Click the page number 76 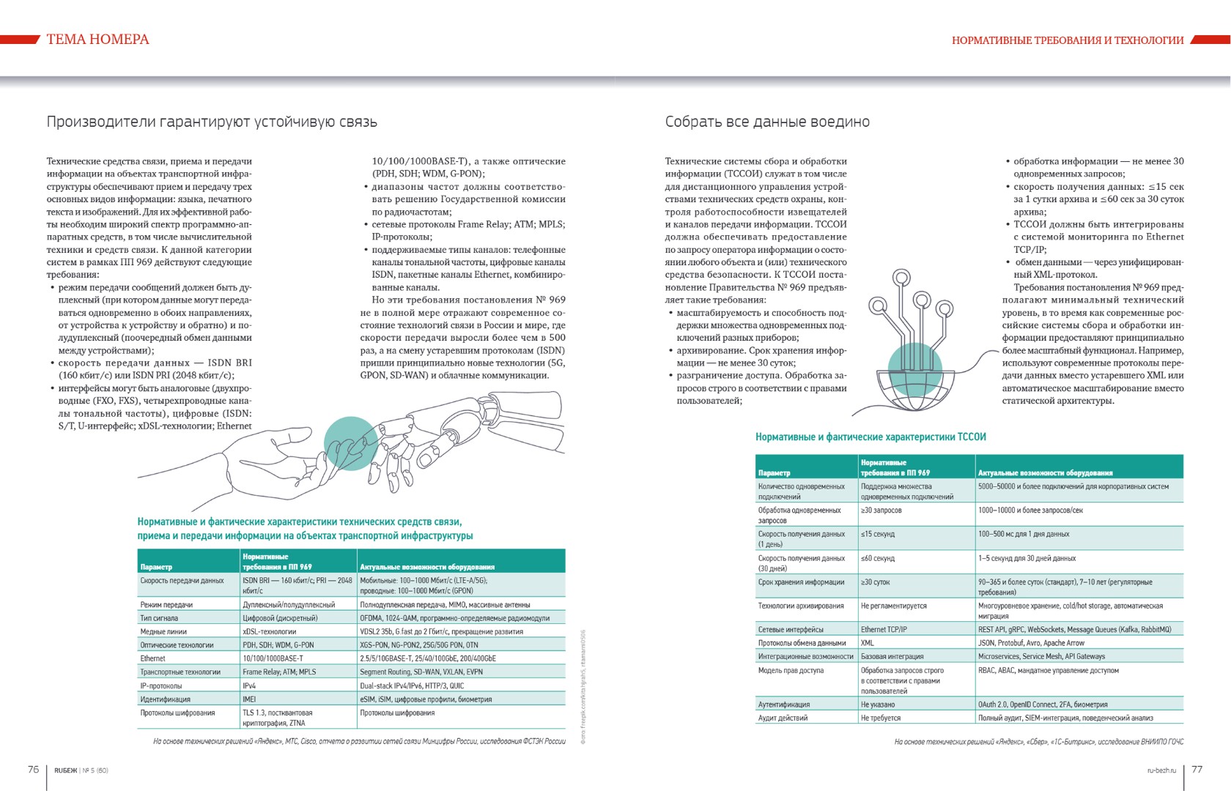click(x=33, y=769)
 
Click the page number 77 click(x=1197, y=769)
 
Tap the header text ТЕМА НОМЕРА click(x=97, y=40)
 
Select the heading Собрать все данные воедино click(x=766, y=122)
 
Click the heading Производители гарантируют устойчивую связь click(x=212, y=122)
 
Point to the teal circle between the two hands click(x=351, y=443)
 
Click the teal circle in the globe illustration click(x=914, y=369)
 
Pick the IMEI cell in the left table click(x=249, y=699)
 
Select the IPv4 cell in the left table click(x=249, y=686)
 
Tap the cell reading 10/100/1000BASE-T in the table click(x=273, y=658)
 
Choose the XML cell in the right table click(x=868, y=643)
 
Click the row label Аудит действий click(x=783, y=718)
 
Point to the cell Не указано click(x=878, y=705)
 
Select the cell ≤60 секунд click(x=878, y=558)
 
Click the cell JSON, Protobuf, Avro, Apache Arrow click(x=1031, y=643)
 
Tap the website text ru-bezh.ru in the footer click(x=1161, y=770)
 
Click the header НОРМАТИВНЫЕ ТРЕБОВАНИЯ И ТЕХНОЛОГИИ click(x=1067, y=40)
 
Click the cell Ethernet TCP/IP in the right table click(x=884, y=629)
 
